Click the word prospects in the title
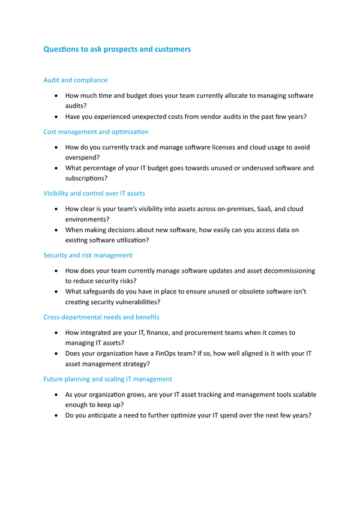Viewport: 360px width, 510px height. [x=118, y=50]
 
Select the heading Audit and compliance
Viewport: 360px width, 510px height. [x=76, y=80]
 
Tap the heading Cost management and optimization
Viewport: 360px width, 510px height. [x=96, y=131]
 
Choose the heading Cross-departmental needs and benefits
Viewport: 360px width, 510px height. [x=101, y=317]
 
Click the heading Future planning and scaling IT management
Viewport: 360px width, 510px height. [x=108, y=379]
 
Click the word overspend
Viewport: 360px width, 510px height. [x=84, y=157]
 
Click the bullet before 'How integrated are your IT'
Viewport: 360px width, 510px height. [x=56, y=332]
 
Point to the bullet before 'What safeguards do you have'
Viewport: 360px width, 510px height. [x=56, y=292]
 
